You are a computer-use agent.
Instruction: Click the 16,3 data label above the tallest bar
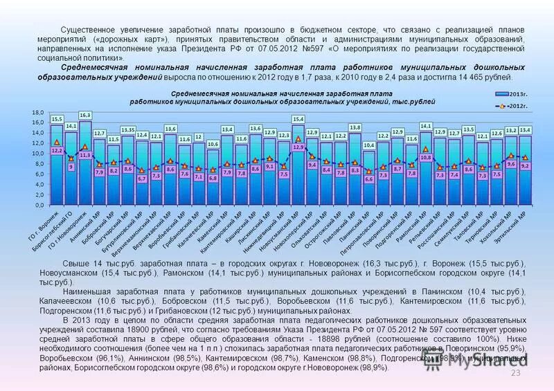coord(85,115)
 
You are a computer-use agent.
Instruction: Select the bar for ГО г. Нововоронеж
coord(85,166)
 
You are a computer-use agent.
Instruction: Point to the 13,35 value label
coord(128,129)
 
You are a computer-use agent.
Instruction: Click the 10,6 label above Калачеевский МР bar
coord(213,144)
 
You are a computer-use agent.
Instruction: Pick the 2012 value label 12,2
coord(57,150)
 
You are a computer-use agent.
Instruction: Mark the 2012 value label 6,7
coord(142,179)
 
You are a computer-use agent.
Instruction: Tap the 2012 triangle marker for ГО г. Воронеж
coord(57,142)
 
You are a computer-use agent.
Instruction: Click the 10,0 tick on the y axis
coord(39,153)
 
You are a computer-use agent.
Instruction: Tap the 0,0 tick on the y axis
coord(39,206)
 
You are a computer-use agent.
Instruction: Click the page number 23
coord(515,374)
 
